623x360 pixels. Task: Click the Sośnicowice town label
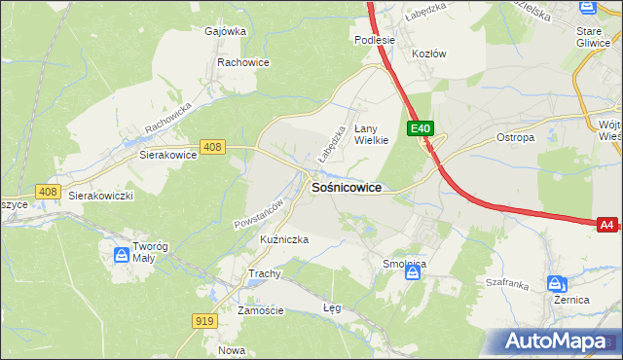point(346,187)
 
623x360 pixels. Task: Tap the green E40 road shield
point(420,128)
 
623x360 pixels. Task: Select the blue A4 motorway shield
point(606,225)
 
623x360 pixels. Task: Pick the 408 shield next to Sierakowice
point(212,147)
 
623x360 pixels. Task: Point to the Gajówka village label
point(225,31)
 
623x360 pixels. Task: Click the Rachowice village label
point(242,62)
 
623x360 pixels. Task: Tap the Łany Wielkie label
point(371,133)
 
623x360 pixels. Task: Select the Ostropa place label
point(516,138)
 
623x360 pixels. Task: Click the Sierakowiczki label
point(100,196)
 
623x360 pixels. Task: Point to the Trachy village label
point(264,273)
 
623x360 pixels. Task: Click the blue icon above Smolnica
point(414,273)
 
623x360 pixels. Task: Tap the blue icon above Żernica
point(556,284)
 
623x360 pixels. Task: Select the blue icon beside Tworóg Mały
point(122,255)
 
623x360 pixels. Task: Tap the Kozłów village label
point(428,54)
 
